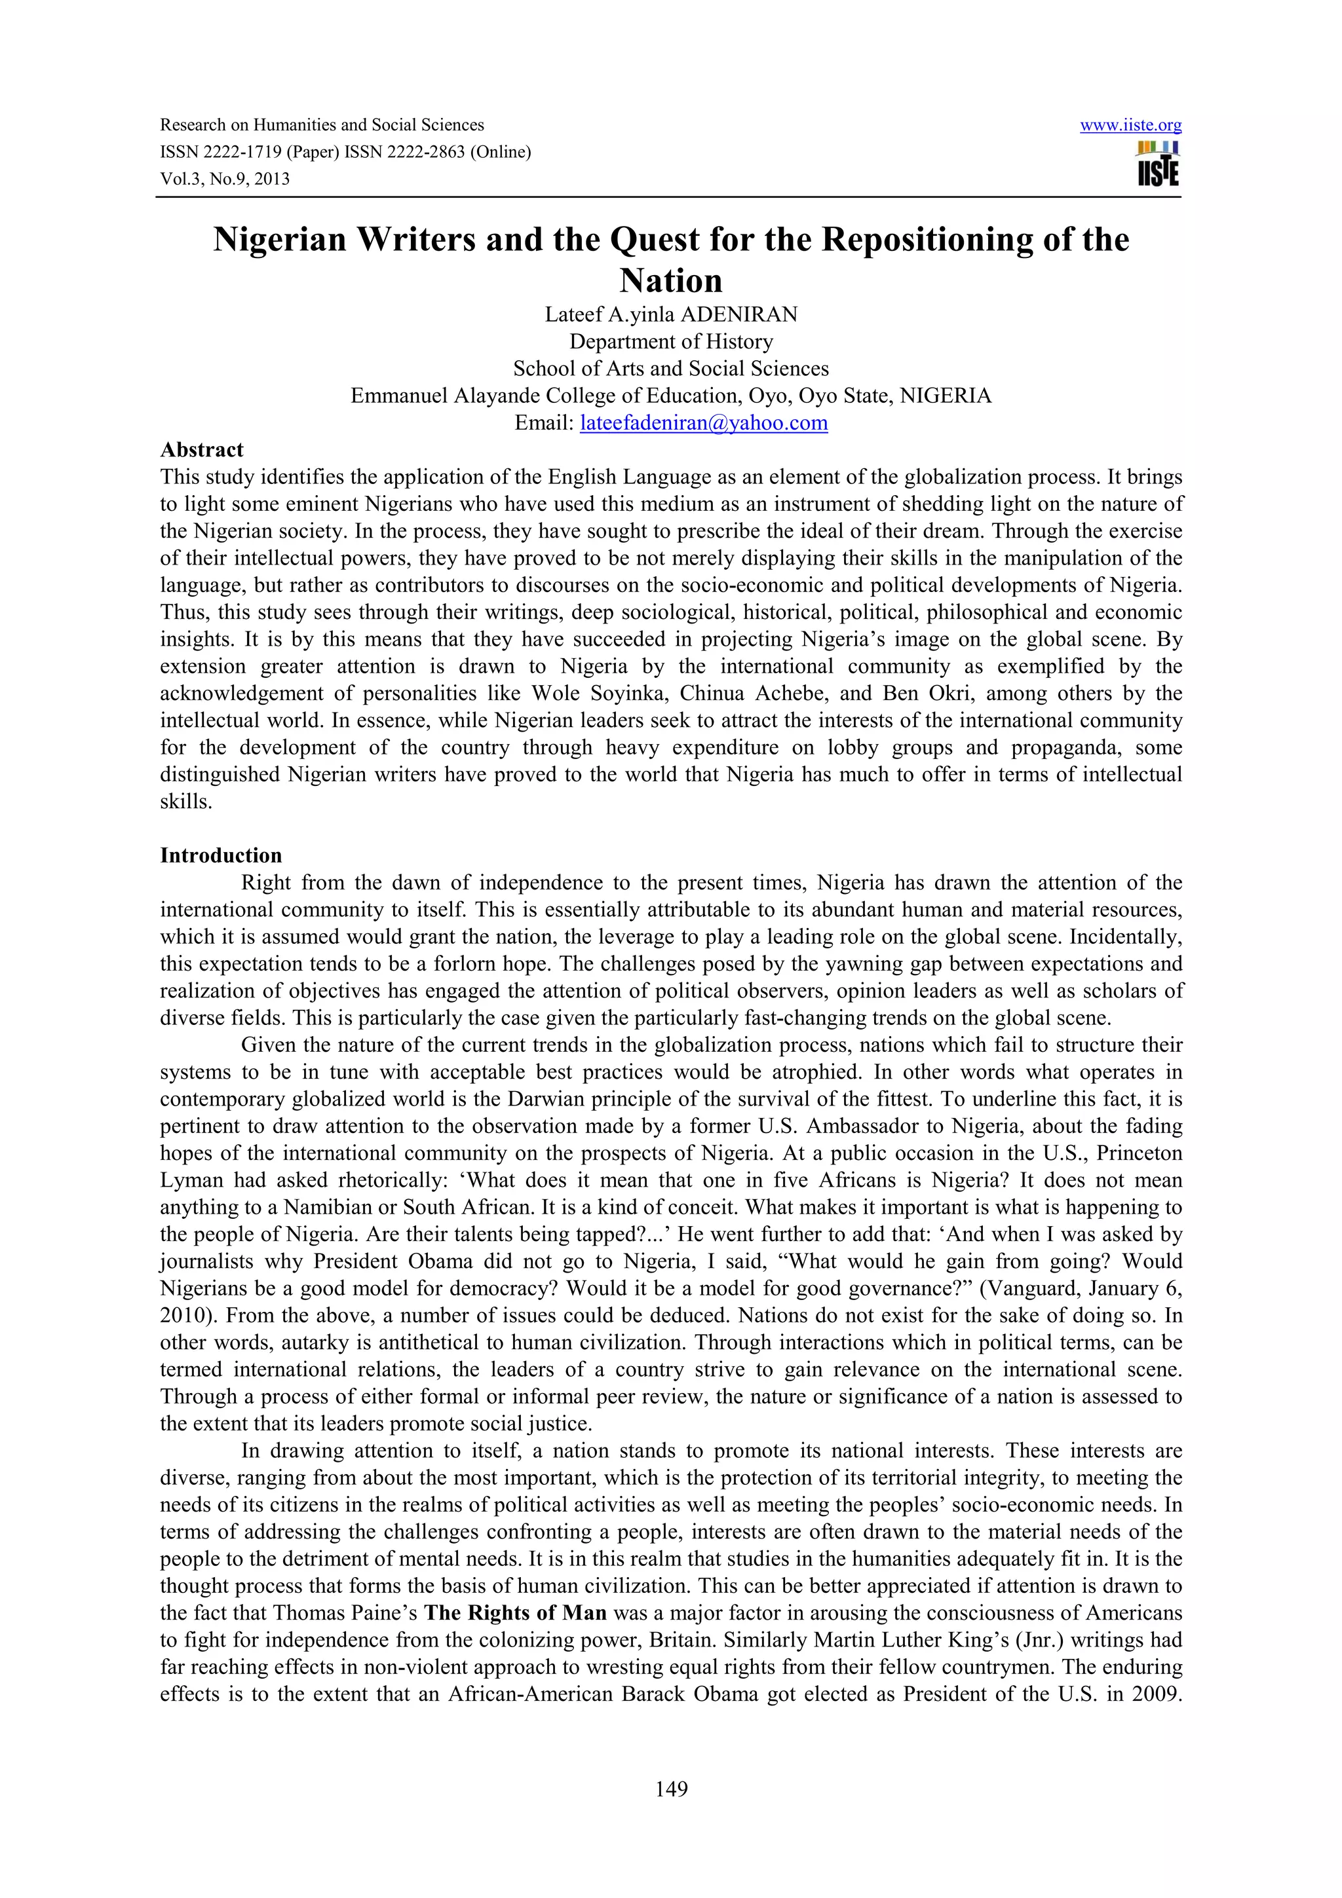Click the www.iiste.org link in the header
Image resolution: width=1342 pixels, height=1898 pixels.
(1130, 126)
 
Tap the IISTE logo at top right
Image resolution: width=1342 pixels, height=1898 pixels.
(1158, 164)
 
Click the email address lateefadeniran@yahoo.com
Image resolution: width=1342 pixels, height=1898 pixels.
(704, 423)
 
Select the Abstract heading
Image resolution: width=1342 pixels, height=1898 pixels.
(202, 450)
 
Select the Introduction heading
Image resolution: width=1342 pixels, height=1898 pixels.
(221, 855)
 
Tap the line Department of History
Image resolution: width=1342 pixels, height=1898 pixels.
(670, 341)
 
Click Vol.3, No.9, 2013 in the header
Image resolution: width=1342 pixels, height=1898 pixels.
(225, 179)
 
